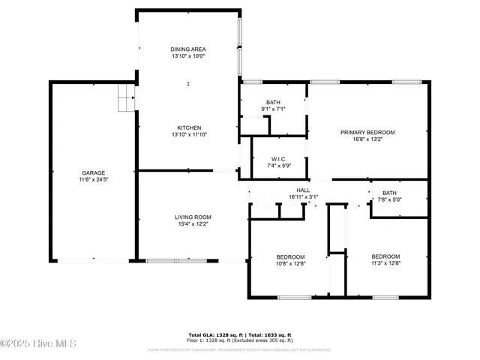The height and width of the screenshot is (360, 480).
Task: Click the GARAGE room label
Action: point(93,172)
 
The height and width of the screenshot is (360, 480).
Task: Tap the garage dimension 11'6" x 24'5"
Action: point(93,180)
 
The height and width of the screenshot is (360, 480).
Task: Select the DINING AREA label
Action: point(187,49)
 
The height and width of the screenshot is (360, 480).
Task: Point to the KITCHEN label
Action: point(187,127)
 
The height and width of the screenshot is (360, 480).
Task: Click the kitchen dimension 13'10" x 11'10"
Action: point(187,135)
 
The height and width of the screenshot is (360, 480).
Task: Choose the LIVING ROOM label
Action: point(187,216)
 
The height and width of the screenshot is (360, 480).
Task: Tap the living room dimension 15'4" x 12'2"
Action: point(187,223)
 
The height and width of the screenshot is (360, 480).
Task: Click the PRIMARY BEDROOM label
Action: point(367,132)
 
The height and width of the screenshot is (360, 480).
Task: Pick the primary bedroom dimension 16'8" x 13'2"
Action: point(367,139)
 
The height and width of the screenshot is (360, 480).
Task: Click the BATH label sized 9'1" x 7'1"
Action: point(272,102)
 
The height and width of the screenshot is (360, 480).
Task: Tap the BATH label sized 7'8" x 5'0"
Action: point(389,193)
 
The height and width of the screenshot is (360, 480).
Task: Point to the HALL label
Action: point(303,190)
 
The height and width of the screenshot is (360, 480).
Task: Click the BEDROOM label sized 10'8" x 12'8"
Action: point(290,256)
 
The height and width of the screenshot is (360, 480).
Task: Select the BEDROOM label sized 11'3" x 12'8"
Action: point(385,256)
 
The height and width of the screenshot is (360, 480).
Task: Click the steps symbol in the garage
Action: point(126,97)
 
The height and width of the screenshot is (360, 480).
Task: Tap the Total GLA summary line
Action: point(239,334)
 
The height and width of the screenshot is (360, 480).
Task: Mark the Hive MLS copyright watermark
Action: point(39,344)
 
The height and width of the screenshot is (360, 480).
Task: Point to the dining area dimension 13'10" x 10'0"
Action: point(187,56)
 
